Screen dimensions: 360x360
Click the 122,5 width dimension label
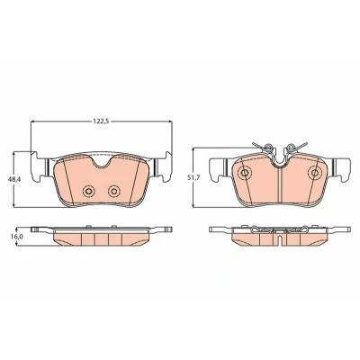102,121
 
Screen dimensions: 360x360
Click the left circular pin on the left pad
89,191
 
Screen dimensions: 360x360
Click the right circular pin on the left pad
114,191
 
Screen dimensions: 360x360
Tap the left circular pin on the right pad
245,173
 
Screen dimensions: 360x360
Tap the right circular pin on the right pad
315,173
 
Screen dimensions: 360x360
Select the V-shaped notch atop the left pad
102,161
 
